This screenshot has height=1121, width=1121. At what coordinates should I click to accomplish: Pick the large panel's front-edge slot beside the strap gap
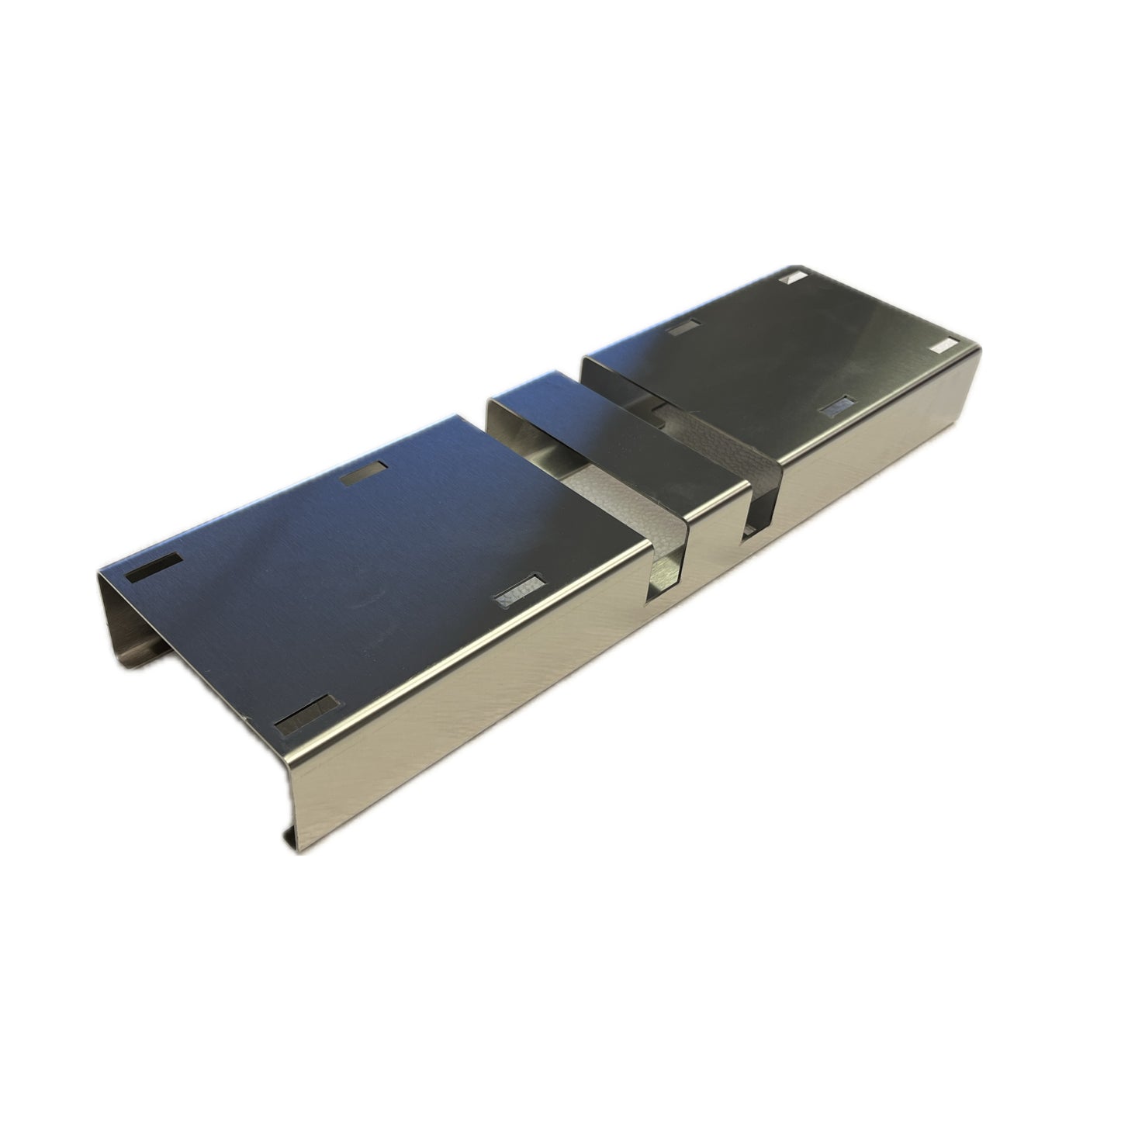click(518, 592)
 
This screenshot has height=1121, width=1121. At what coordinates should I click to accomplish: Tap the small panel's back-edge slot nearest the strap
click(682, 328)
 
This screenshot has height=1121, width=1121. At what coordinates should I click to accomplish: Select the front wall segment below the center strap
click(710, 574)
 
